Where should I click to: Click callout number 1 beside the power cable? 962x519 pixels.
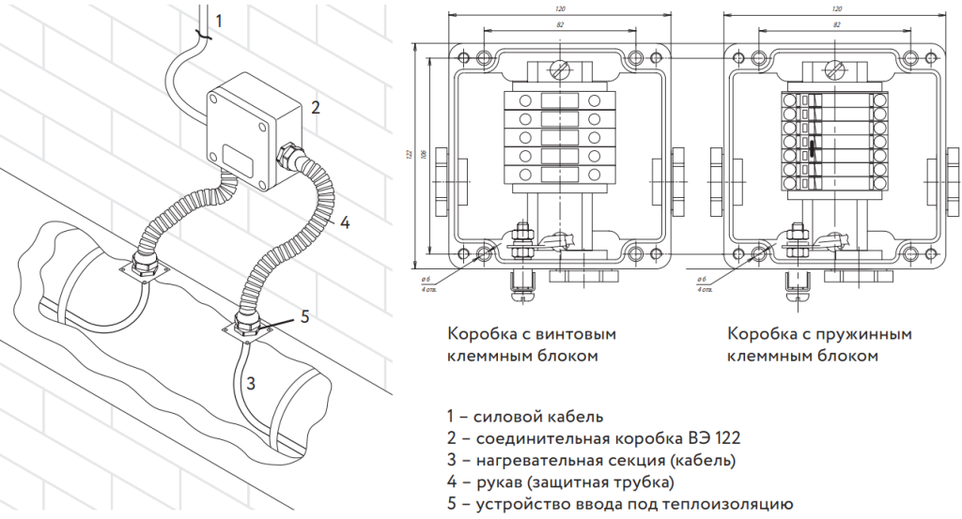pyautogui.click(x=219, y=20)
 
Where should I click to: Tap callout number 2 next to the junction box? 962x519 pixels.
pyautogui.click(x=316, y=106)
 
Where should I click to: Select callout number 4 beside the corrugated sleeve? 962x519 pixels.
pyautogui.click(x=345, y=222)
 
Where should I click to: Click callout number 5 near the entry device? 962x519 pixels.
pyautogui.click(x=303, y=315)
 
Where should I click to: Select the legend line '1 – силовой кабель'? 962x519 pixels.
pyautogui.click(x=525, y=416)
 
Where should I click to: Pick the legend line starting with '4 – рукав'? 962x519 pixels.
pyautogui.click(x=561, y=482)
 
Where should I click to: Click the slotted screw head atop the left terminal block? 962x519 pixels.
pyautogui.click(x=559, y=69)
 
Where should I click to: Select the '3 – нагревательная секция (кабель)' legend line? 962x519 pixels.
pyautogui.click(x=592, y=460)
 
